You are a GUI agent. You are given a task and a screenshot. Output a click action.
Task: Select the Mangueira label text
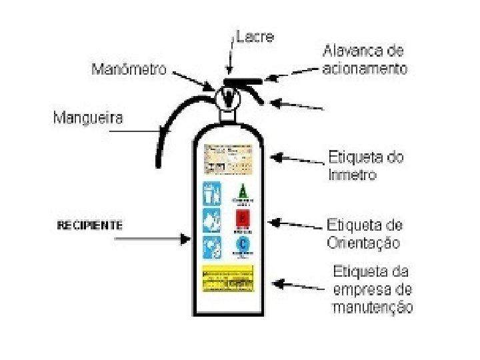(88, 119)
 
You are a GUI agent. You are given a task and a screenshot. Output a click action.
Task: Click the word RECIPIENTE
(89, 225)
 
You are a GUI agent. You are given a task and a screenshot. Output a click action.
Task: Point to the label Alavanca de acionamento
(364, 59)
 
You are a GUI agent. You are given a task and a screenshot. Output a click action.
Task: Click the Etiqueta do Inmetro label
(365, 166)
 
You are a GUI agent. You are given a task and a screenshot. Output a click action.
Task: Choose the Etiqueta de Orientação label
(364, 233)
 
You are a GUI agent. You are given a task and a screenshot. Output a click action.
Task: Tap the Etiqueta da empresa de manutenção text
(372, 289)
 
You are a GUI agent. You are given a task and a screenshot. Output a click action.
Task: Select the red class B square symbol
(243, 219)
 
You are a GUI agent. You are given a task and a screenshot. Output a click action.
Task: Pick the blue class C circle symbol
(243, 245)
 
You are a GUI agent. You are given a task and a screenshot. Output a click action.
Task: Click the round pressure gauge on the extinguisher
(229, 99)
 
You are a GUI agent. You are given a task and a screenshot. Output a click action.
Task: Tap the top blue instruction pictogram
(212, 193)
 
